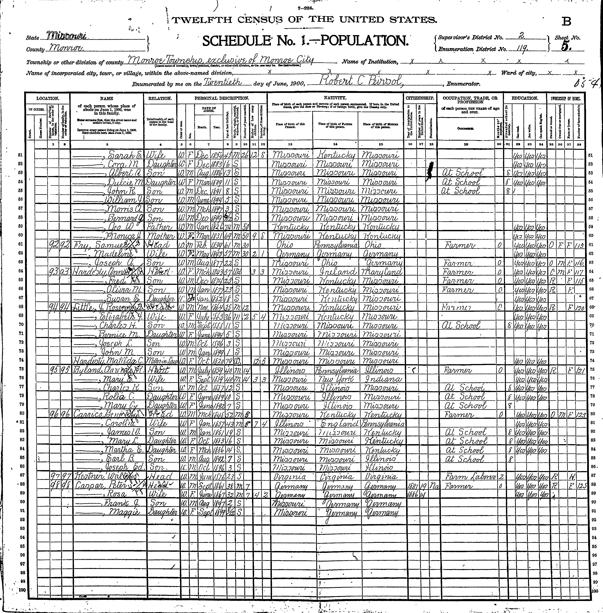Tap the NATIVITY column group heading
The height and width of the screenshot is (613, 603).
(335, 98)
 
